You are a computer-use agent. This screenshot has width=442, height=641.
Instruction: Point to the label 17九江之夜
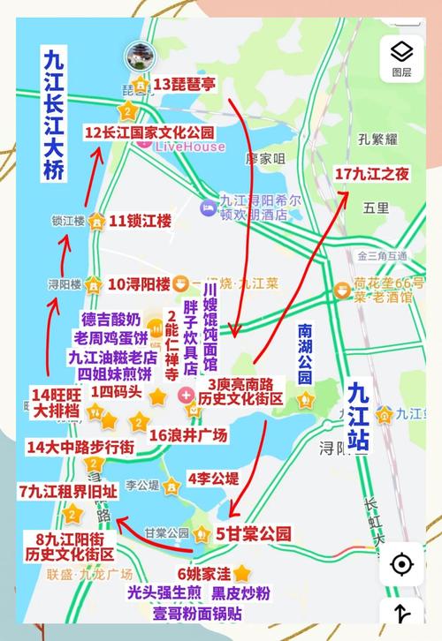372,174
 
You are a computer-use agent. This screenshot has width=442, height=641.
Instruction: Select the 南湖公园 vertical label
305,354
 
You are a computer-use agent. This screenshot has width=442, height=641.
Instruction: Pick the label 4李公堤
213,479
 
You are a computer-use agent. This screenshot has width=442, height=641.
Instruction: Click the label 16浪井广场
188,434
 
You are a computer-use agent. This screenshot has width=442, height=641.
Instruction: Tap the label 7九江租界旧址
67,492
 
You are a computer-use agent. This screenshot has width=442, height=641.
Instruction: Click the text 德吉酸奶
110,318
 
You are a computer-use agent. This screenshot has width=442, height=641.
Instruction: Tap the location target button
401,563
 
